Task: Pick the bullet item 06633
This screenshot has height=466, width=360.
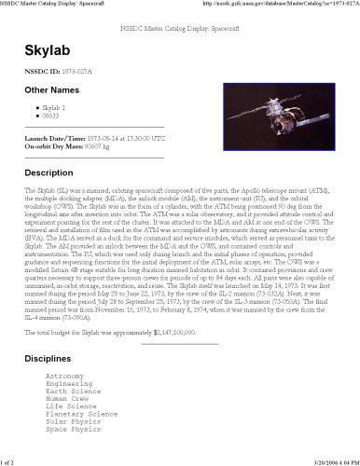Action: click(53, 116)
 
